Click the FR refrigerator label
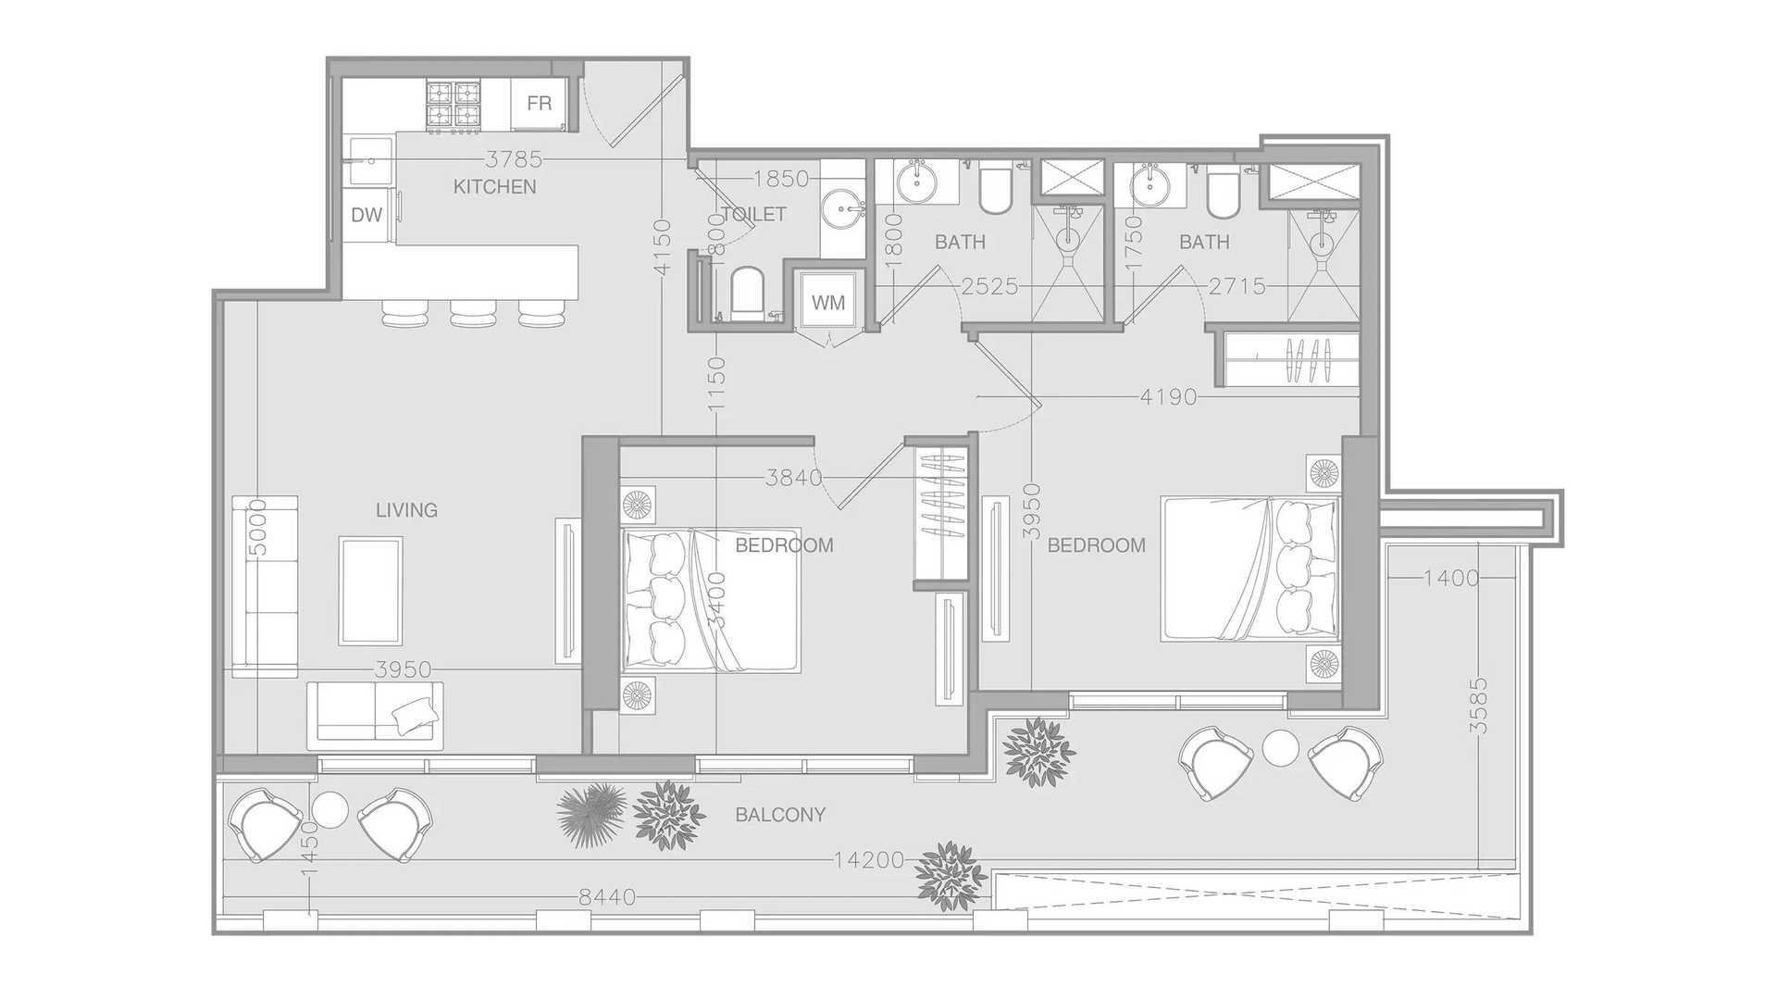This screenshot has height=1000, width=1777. [x=539, y=104]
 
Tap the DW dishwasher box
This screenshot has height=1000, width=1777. [x=367, y=216]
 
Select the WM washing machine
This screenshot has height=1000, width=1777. [x=827, y=302]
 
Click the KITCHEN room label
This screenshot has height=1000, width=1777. [x=495, y=187]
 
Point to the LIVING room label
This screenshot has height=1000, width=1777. [x=406, y=510]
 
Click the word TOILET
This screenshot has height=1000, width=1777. [x=753, y=215]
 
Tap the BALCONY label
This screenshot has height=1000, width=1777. [x=780, y=815]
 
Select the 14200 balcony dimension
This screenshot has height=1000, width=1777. [x=869, y=860]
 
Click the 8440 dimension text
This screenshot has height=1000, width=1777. [x=607, y=897]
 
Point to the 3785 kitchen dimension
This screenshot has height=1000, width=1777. [x=515, y=160]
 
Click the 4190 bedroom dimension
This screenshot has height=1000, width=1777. [x=1169, y=397]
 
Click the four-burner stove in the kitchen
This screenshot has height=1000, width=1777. [x=454, y=105]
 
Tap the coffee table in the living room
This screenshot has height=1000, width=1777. [x=370, y=591]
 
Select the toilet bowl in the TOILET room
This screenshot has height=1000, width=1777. [x=746, y=293]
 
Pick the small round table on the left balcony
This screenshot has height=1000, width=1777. [x=329, y=810]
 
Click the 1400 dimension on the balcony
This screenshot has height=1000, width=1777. [x=1451, y=579]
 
